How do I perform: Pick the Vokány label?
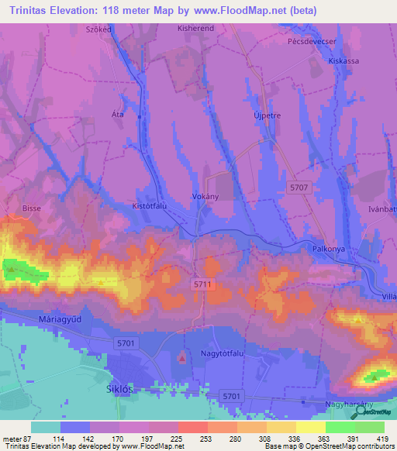click(x=205, y=197)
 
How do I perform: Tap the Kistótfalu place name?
click(x=150, y=207)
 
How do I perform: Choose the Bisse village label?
click(x=32, y=208)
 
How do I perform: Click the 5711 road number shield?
click(x=202, y=285)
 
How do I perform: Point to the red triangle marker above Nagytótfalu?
click(x=182, y=357)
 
